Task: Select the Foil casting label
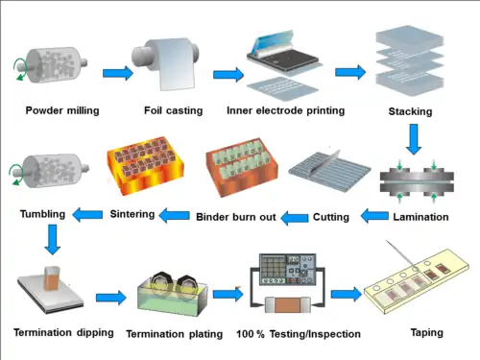(x=172, y=109)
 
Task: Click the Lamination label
(x=420, y=217)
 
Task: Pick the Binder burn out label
(x=236, y=217)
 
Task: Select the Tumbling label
(x=43, y=212)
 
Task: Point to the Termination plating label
(x=176, y=333)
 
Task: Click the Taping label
(x=426, y=332)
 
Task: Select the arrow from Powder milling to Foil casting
(x=117, y=73)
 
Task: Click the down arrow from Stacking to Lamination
(x=414, y=141)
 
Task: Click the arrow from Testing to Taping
(x=346, y=294)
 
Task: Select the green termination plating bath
(x=174, y=298)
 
